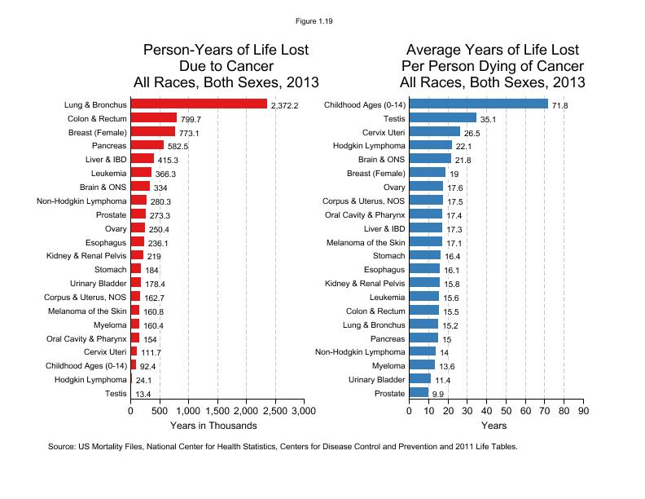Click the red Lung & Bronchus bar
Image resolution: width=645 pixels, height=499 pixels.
click(x=199, y=104)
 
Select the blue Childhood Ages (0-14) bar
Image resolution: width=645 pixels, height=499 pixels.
click(x=478, y=104)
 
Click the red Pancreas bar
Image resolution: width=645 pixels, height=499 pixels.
click(x=147, y=145)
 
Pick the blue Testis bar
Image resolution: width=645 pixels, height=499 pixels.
click(x=442, y=117)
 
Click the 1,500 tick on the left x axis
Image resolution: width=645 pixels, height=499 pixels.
click(x=217, y=412)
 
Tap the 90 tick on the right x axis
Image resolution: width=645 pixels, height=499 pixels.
click(x=582, y=412)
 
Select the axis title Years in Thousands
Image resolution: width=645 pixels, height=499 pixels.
click(x=213, y=426)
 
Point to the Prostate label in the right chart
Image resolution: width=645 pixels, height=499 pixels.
click(x=388, y=393)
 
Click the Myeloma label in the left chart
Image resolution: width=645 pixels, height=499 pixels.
click(x=111, y=324)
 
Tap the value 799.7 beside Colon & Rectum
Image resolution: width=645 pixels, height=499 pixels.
click(x=191, y=120)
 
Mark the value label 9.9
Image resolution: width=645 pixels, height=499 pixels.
click(x=437, y=395)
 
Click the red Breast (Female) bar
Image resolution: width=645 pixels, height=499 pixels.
click(x=152, y=131)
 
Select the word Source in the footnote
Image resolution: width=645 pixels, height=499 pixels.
click(x=62, y=447)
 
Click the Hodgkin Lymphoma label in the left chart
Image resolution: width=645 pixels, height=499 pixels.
click(x=90, y=379)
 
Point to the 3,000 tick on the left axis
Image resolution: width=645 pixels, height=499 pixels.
click(x=304, y=412)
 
